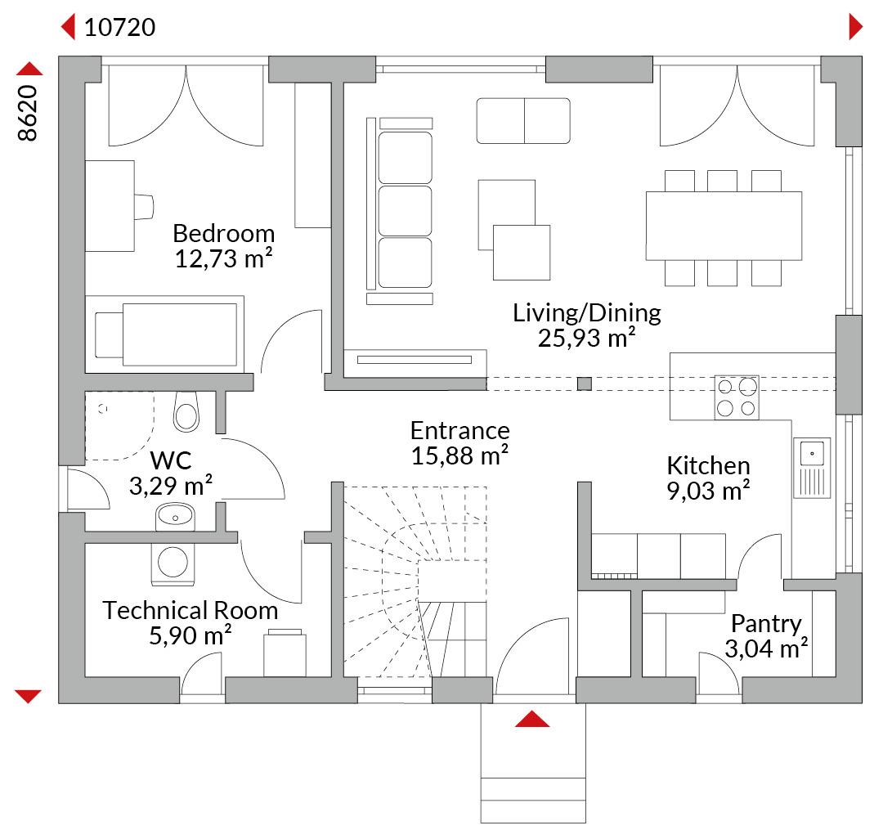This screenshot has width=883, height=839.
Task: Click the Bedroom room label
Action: click(223, 233)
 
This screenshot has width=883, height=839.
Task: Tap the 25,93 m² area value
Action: click(586, 338)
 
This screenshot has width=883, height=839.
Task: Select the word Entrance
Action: click(459, 431)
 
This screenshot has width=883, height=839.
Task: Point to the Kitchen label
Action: click(708, 465)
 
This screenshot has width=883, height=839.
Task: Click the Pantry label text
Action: click(766, 624)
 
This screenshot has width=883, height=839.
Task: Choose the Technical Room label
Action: click(190, 610)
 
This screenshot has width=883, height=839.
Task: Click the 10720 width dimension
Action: click(119, 27)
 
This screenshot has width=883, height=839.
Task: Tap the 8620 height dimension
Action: click(27, 113)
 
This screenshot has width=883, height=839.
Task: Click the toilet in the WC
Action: click(186, 411)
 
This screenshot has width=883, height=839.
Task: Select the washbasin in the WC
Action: click(175, 516)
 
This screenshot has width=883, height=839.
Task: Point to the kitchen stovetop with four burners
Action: click(737, 397)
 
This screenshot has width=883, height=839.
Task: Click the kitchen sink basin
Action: click(812, 453)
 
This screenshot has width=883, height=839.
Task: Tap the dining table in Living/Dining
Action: click(724, 226)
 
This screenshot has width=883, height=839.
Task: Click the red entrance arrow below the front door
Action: click(532, 719)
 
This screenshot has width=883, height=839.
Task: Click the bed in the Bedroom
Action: click(164, 334)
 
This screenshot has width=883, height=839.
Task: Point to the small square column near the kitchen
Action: click(585, 384)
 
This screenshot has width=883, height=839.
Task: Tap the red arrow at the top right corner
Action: click(855, 27)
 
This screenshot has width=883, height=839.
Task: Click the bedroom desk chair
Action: click(144, 207)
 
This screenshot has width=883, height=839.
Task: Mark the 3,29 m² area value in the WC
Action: click(171, 486)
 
